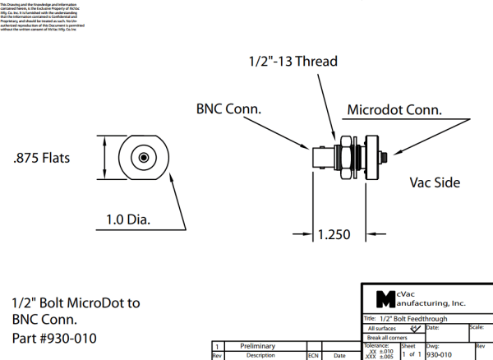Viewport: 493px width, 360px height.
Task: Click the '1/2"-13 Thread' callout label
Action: pyautogui.click(x=293, y=61)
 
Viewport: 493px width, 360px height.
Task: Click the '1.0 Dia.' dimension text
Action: pyautogui.click(x=132, y=220)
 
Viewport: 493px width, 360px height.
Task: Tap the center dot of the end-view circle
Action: pyautogui.click(x=143, y=157)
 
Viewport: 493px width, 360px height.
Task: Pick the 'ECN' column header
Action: pyautogui.click(x=313, y=356)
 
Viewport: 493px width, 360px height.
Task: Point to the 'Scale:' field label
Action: pyautogui.click(x=476, y=327)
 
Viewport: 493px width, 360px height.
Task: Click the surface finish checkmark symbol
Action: pyautogui.click(x=415, y=328)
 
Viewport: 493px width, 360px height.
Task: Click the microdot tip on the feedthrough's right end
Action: pyautogui.click(x=385, y=156)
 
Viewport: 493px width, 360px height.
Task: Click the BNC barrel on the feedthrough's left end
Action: pyautogui.click(x=317, y=157)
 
